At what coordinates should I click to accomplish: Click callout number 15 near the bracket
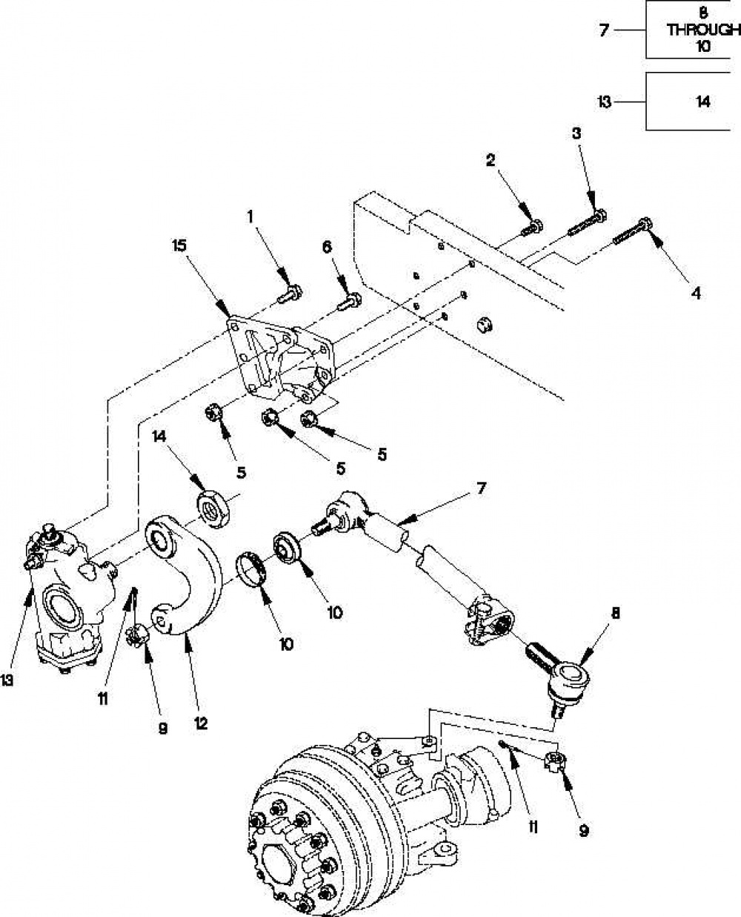tap(179, 245)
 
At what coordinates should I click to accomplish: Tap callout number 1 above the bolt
tap(250, 216)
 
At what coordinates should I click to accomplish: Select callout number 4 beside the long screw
tap(695, 294)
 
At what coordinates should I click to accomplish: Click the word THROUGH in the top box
tap(704, 30)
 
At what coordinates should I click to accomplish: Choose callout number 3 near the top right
tap(576, 133)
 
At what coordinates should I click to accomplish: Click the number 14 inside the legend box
tap(703, 102)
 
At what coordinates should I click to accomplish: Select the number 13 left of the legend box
tap(605, 102)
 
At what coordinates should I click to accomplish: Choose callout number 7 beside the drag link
tap(481, 489)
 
